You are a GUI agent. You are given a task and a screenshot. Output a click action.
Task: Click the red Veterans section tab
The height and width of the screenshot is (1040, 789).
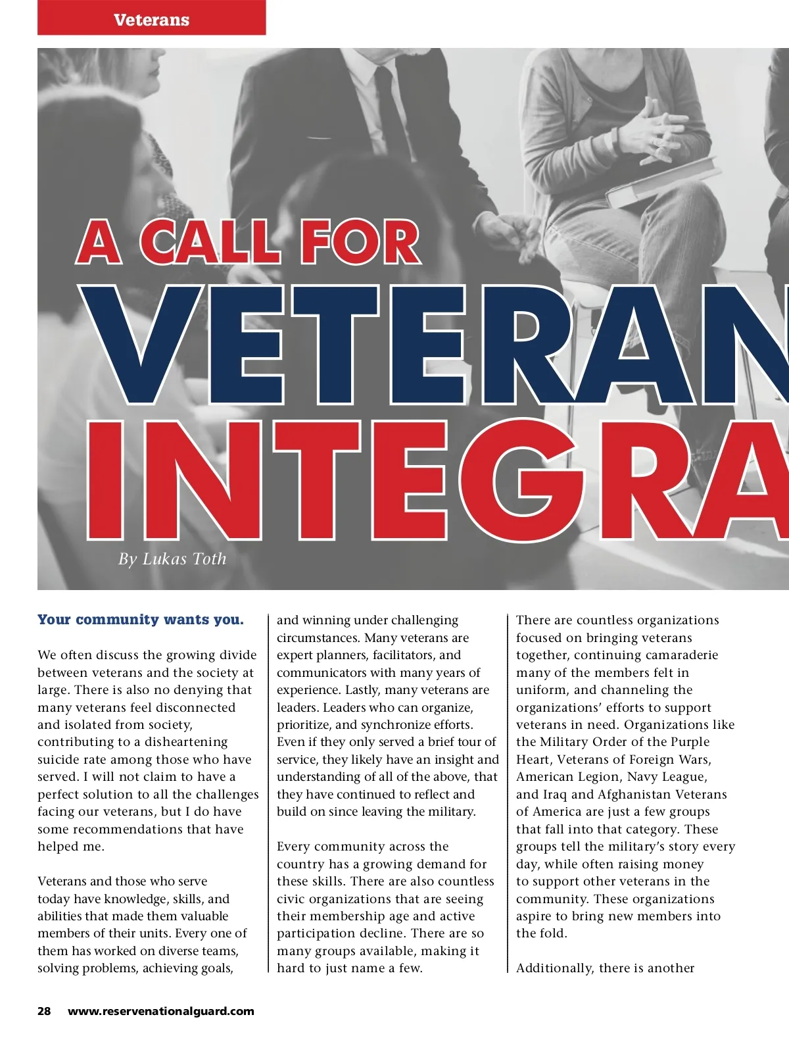point(151,19)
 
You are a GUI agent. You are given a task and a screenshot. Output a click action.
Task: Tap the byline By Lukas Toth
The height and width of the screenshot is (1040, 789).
point(172,559)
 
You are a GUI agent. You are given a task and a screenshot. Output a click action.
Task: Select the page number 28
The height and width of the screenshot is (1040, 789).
point(44,1011)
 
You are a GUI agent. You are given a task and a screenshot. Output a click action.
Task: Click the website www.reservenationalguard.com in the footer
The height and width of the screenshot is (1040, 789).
point(161,1011)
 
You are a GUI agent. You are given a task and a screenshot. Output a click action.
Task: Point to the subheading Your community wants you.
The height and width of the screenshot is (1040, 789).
point(141,620)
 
